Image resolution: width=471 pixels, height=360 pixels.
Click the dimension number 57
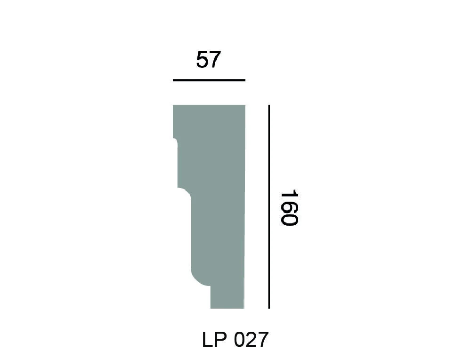coord(209,60)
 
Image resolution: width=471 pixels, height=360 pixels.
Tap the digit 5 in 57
coord(203,60)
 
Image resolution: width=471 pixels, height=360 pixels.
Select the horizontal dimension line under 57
coord(209,80)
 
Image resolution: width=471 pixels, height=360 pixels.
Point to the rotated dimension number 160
coord(289,208)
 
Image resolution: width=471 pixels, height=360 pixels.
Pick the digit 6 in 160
coord(289,208)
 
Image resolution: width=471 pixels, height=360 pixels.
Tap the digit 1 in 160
coord(289,195)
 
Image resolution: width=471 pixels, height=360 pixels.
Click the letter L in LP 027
coord(208,340)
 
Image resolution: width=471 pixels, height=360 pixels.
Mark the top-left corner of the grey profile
coord(173,106)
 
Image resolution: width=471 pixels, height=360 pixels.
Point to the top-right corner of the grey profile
coord(245,106)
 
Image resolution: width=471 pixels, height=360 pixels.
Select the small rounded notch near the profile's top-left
coord(175,140)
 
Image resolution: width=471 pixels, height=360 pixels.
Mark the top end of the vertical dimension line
coord(268,106)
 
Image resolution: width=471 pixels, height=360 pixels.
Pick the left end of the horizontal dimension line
coord(173,80)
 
